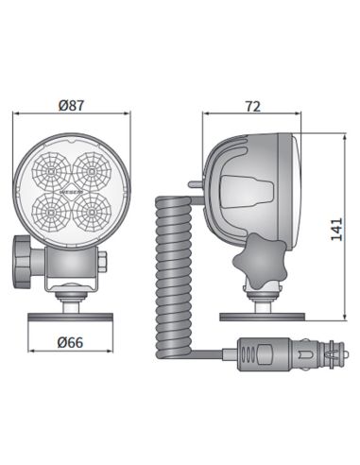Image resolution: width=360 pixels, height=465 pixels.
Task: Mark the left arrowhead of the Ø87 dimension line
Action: tap(16, 115)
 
